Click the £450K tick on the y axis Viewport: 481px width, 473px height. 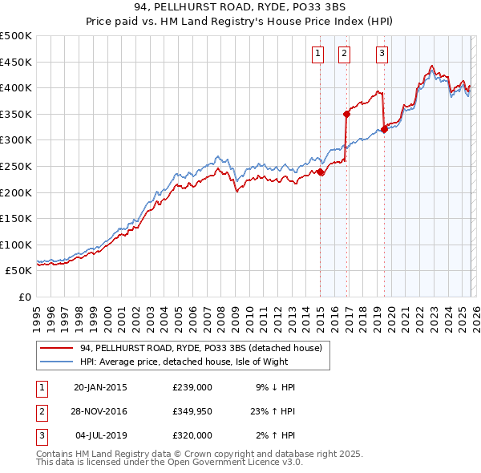point(16,62)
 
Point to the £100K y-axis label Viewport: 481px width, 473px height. point(16,245)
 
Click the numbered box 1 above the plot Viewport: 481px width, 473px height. point(318,54)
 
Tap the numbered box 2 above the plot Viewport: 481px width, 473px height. point(344,54)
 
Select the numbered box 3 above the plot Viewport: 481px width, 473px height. point(382,54)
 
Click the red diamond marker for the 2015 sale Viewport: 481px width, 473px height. point(320,172)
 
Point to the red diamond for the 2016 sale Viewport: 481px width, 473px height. point(346,114)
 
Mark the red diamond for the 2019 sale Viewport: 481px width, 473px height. point(384,129)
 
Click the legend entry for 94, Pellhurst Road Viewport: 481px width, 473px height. point(200,348)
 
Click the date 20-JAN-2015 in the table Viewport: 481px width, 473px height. point(100,387)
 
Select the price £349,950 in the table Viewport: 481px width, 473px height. point(192,411)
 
